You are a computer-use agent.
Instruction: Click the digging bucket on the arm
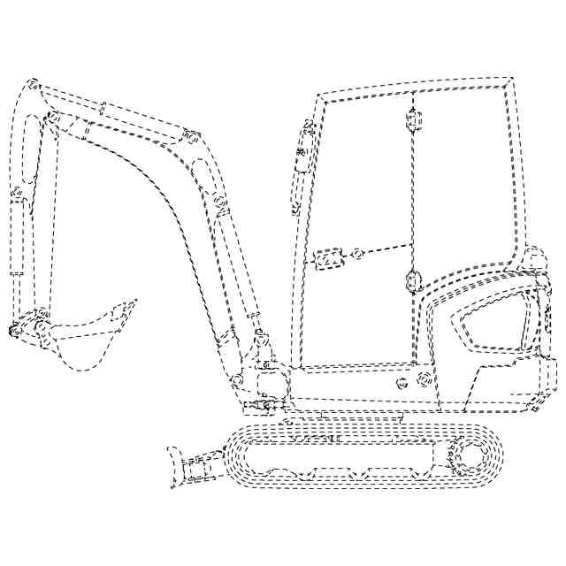pyautogui.click(x=84, y=340)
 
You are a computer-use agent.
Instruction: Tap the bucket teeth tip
pyautogui.click(x=134, y=302)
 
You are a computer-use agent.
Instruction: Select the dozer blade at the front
pyautogui.click(x=174, y=466)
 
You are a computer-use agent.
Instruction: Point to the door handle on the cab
pyautogui.click(x=328, y=259)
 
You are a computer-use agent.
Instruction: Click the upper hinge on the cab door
pyautogui.click(x=410, y=119)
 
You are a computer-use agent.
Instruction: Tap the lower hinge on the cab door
pyautogui.click(x=410, y=281)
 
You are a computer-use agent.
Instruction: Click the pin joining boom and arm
pyautogui.click(x=53, y=117)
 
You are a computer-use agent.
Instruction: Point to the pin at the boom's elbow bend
pyautogui.click(x=192, y=137)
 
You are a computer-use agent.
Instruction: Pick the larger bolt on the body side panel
pyautogui.click(x=422, y=381)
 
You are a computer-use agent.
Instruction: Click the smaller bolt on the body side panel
pyautogui.click(x=402, y=384)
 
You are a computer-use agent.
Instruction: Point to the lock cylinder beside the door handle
pyautogui.click(x=357, y=254)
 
